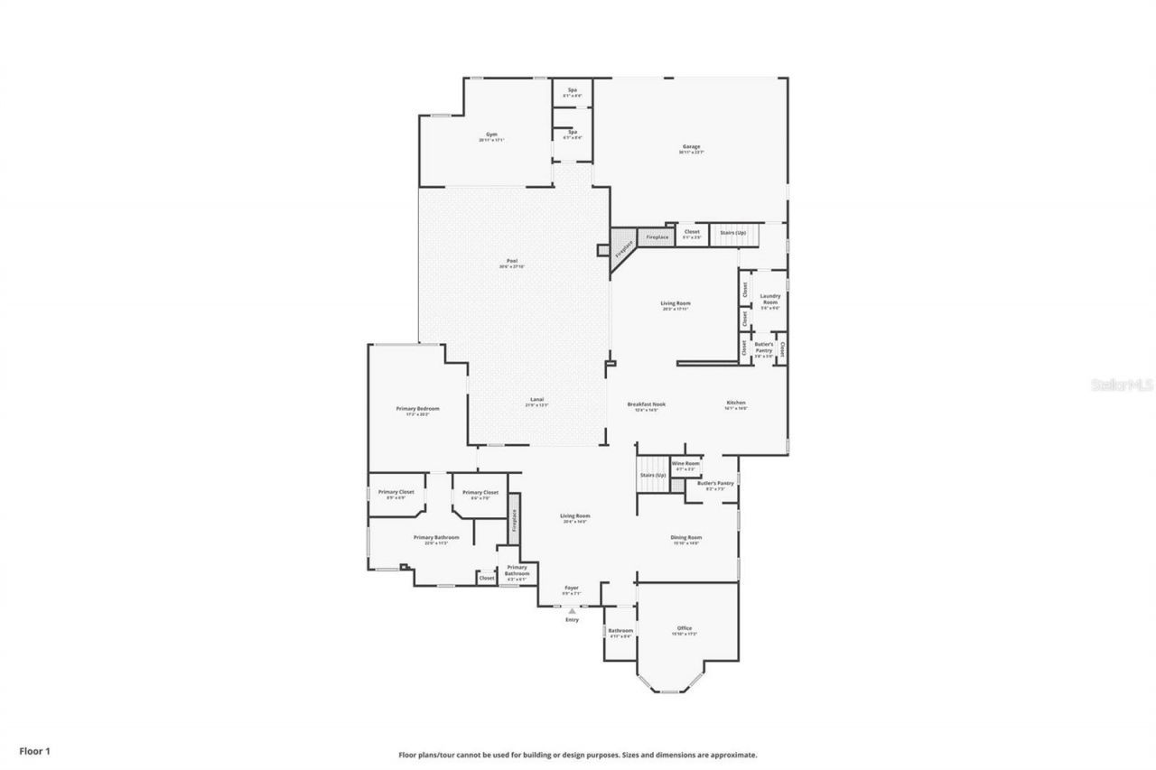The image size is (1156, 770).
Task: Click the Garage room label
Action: pyautogui.click(x=690, y=147)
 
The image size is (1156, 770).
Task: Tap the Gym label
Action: pyautogui.click(x=491, y=135)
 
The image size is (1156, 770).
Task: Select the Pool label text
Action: pyautogui.click(x=511, y=262)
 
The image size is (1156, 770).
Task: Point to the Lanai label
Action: pyautogui.click(x=536, y=400)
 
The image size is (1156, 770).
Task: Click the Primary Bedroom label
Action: pyautogui.click(x=417, y=409)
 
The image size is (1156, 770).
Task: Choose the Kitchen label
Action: pyautogui.click(x=736, y=403)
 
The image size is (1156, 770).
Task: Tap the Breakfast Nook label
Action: pyautogui.click(x=647, y=404)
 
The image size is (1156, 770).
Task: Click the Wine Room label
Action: pyautogui.click(x=685, y=463)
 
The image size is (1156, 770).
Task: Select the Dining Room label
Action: pyautogui.click(x=686, y=537)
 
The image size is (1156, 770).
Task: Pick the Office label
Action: pyautogui.click(x=685, y=628)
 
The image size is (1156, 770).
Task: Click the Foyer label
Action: pyautogui.click(x=572, y=588)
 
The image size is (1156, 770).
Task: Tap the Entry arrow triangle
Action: pyautogui.click(x=572, y=611)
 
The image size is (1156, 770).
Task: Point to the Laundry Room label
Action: pyautogui.click(x=769, y=299)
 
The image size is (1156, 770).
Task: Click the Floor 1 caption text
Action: pyautogui.click(x=35, y=750)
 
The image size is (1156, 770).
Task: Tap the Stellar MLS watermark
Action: pyautogui.click(x=1123, y=385)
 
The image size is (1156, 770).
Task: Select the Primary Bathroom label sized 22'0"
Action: pyautogui.click(x=436, y=537)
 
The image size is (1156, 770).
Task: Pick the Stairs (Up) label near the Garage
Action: pyautogui.click(x=732, y=233)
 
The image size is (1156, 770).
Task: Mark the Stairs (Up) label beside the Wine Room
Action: pyautogui.click(x=652, y=475)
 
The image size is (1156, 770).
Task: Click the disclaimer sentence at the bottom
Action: pyautogui.click(x=578, y=755)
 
